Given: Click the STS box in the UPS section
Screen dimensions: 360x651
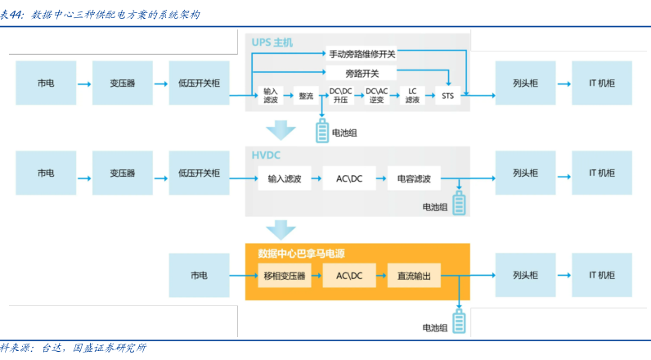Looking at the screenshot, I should (447, 95).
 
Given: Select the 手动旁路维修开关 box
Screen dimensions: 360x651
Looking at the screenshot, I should (361, 54).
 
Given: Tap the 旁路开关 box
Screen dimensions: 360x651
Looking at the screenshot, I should (361, 74).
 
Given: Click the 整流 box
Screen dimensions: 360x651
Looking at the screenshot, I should (307, 95).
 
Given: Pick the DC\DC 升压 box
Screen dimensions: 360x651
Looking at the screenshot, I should (341, 95).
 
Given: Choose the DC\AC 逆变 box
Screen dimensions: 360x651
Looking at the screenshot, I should (376, 95).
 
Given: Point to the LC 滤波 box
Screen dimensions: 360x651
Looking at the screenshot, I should (413, 95).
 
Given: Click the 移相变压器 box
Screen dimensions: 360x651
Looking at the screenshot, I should (284, 276).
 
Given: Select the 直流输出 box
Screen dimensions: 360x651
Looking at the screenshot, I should (414, 276).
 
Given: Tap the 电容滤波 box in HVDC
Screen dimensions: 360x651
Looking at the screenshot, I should (414, 178).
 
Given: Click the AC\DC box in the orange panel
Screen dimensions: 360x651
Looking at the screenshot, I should (349, 276).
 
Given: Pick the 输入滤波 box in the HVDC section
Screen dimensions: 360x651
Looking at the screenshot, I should (284, 178).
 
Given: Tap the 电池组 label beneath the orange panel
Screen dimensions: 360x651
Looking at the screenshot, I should (434, 327).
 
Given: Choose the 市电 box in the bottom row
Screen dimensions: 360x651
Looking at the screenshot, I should (199, 276).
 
